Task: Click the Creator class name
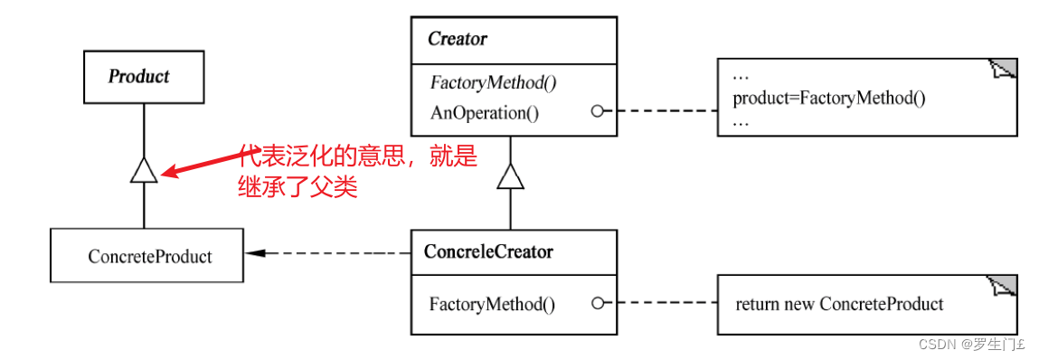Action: click(x=458, y=39)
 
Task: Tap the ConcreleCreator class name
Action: click(x=488, y=252)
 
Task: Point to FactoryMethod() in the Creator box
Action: click(x=493, y=82)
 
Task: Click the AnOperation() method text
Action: click(x=484, y=112)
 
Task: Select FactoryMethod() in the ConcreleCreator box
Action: click(x=492, y=304)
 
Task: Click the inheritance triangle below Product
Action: click(x=144, y=169)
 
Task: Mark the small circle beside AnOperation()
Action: click(x=597, y=111)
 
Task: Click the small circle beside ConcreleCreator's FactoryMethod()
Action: click(x=597, y=304)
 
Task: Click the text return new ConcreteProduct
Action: click(x=839, y=304)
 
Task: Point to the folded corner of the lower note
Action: click(x=1005, y=286)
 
